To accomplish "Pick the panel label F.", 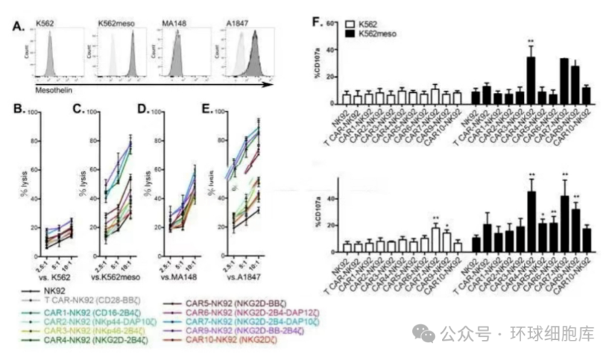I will (x=318, y=21).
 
